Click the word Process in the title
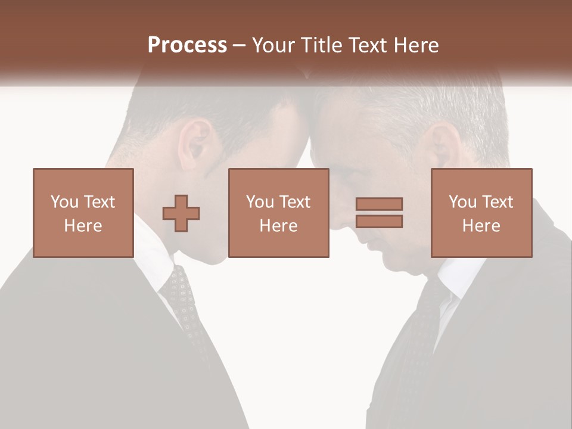pyautogui.click(x=187, y=45)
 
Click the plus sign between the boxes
pyautogui.click(x=181, y=213)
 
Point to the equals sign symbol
pyautogui.click(x=379, y=213)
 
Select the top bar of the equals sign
pyautogui.click(x=379, y=204)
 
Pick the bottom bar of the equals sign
pyautogui.click(x=379, y=221)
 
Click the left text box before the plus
pyautogui.click(x=83, y=213)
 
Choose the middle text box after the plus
pyautogui.click(x=278, y=213)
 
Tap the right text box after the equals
pyautogui.click(x=481, y=213)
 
